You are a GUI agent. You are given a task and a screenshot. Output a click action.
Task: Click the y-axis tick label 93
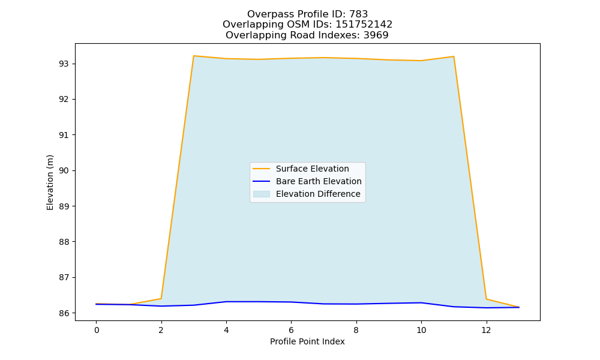coord(64,64)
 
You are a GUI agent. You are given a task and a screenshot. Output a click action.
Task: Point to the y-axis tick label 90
coord(64,170)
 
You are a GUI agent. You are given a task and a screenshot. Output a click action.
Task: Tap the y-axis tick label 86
coord(64,313)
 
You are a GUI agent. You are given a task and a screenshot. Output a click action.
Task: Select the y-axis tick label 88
coord(64,242)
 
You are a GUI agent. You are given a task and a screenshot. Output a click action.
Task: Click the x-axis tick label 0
coord(97,330)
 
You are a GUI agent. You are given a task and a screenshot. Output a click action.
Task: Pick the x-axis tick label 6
coord(291,330)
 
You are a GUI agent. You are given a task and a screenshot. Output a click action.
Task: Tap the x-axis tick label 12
coord(486,330)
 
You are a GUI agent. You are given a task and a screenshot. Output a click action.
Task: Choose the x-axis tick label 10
coord(421,330)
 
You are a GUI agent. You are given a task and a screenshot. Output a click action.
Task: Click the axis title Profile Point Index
coord(307,341)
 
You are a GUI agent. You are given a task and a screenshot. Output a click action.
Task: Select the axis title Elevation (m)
coord(50,182)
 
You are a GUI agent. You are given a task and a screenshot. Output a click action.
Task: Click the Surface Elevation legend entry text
coord(312,169)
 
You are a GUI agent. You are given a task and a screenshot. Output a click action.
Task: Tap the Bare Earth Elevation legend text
coord(319,181)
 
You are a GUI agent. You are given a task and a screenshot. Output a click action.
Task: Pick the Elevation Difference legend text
coord(318,194)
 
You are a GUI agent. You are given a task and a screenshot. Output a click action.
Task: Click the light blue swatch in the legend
coord(262,194)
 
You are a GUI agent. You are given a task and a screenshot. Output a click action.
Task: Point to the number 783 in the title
coord(359,14)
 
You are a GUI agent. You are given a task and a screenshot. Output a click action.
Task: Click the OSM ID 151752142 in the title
coord(364,25)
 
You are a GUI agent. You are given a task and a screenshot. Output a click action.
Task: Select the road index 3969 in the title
coord(376,35)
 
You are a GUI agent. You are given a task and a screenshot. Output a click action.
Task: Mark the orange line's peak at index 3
coord(194,56)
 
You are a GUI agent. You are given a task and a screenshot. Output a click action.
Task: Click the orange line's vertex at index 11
coord(454,56)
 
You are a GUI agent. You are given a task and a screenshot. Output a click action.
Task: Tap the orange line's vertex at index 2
coord(161,298)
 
